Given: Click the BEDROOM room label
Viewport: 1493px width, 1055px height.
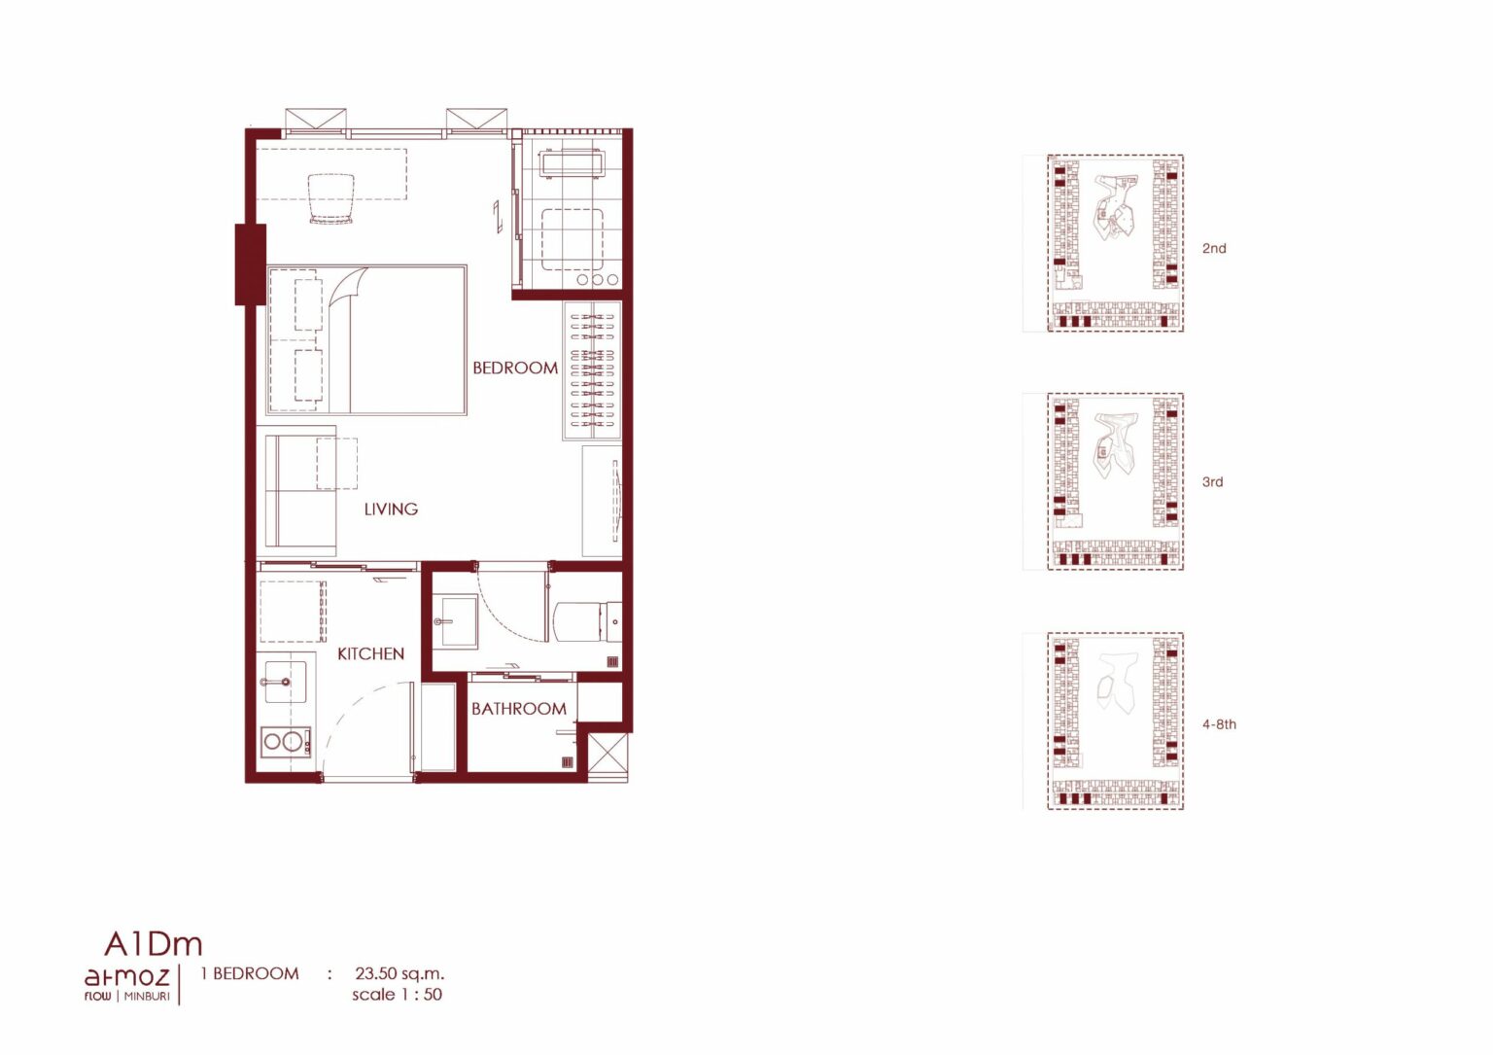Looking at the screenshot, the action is click(x=515, y=368).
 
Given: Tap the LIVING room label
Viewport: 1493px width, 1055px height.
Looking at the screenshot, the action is click(x=392, y=510).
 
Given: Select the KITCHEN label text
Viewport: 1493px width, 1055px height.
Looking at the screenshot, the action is click(x=370, y=654).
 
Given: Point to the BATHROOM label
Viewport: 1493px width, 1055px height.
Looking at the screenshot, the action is click(x=518, y=708).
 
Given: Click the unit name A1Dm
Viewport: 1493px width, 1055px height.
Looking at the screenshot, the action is click(x=154, y=943).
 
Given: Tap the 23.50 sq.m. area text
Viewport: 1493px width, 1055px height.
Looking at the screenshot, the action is click(x=399, y=973).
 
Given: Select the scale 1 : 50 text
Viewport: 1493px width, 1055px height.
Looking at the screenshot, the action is click(x=398, y=995).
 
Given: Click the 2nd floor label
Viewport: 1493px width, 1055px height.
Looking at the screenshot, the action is click(x=1214, y=248).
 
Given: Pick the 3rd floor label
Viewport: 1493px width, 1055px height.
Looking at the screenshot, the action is click(x=1212, y=481).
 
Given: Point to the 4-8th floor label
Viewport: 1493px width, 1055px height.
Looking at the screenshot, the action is click(x=1219, y=724).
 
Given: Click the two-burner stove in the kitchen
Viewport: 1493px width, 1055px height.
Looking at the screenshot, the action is click(x=286, y=742).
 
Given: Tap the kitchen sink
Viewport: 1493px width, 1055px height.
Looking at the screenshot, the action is click(x=286, y=682).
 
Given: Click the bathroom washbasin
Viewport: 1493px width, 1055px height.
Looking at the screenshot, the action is click(x=455, y=621).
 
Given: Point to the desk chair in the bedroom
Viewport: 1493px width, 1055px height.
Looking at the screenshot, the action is click(x=330, y=198).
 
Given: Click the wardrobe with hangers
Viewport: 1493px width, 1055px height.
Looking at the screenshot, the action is click(x=593, y=371).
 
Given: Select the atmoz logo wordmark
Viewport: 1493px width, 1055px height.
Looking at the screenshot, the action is click(x=126, y=977).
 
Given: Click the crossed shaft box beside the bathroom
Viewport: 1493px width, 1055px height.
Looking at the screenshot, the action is click(x=608, y=756).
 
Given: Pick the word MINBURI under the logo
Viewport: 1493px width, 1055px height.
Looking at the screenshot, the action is click(x=147, y=997).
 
